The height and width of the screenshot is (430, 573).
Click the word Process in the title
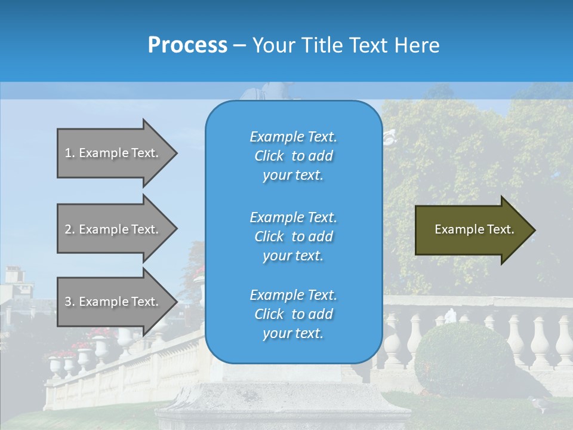point(187,45)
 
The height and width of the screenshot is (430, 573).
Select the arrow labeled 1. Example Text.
point(113,153)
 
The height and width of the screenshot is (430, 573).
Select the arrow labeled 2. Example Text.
point(113,229)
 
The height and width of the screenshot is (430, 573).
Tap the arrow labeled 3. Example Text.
point(113,302)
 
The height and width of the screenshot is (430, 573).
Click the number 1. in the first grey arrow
point(69,153)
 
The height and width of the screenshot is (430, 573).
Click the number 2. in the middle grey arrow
point(69,229)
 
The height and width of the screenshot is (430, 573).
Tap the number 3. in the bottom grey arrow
point(69,302)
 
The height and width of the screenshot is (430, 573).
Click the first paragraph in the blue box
point(293,156)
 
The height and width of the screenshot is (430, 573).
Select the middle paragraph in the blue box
point(293,236)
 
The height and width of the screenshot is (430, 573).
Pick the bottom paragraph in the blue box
point(293,314)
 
